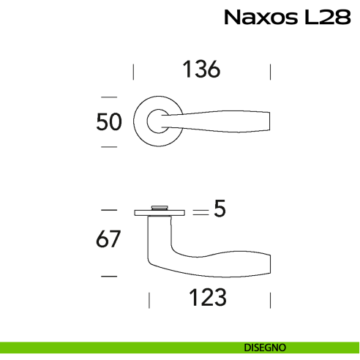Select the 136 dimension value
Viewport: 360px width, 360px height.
[x=200, y=70]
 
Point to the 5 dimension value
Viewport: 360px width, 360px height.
[x=218, y=211]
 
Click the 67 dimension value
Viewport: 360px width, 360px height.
[x=108, y=239]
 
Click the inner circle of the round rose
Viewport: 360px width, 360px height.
[x=158, y=121]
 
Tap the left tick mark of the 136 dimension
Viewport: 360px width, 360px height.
[x=133, y=71]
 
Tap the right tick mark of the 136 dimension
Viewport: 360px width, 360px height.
[x=271, y=71]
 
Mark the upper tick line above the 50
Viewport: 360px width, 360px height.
[x=109, y=96]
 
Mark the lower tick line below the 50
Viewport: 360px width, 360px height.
[x=109, y=147]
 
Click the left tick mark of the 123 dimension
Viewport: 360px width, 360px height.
[x=149, y=299]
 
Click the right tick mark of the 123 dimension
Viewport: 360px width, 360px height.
[x=271, y=299]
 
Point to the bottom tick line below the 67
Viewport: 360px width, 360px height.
[x=108, y=276]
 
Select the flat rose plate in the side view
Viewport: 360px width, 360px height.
[x=159, y=214]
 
